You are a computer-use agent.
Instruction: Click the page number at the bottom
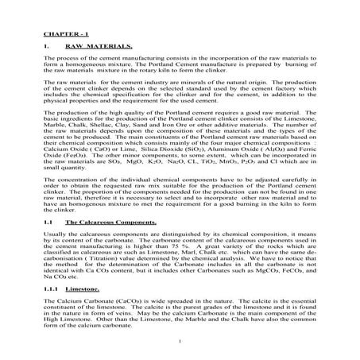pos(181,342)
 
